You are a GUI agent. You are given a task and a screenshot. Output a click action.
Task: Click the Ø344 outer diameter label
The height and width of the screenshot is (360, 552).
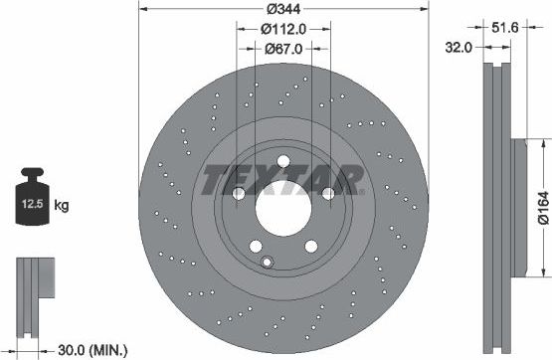tap(282, 9)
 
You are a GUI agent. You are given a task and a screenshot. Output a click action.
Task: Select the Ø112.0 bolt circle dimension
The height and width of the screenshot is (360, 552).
tap(283, 29)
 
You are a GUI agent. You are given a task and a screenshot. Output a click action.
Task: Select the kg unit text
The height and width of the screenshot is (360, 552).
tap(62, 206)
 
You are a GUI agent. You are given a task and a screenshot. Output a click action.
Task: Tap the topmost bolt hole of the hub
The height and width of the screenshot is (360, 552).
tap(283, 162)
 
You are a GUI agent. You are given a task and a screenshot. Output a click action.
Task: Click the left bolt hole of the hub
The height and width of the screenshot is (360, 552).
tap(239, 194)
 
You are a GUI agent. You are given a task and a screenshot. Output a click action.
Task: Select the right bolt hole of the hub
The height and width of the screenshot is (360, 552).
tap(328, 194)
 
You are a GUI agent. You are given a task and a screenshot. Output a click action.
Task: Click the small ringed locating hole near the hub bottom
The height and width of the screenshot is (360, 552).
tap(267, 262)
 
